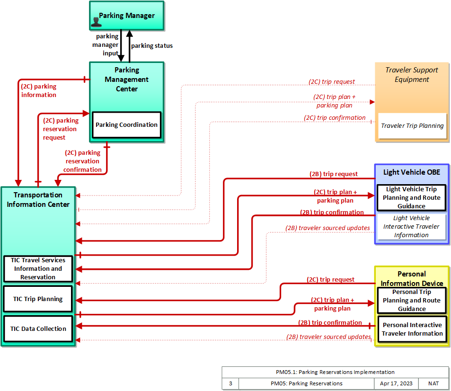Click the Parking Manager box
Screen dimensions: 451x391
tap(127, 16)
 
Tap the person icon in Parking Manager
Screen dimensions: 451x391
tap(96, 22)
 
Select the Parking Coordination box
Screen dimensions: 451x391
tap(126, 125)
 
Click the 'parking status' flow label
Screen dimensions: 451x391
tap(152, 46)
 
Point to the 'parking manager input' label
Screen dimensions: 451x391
tap(106, 44)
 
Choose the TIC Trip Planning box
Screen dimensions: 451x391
tap(38, 299)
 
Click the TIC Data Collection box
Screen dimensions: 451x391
tap(38, 329)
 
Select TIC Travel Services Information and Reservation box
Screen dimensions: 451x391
tap(38, 269)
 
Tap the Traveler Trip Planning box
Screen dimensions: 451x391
tap(412, 126)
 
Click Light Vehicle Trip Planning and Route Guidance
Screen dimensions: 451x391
tap(411, 198)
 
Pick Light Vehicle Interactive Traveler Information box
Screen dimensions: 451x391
tap(411, 227)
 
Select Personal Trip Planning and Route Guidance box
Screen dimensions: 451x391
tap(412, 301)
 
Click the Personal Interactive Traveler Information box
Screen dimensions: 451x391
tap(412, 329)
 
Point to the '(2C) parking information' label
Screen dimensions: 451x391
tap(38, 90)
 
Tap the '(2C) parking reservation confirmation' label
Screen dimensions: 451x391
tap(82, 161)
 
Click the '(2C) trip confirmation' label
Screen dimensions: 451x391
tap(335, 118)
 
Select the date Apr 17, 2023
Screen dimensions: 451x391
tap(396, 383)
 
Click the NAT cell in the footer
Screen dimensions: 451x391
tap(433, 383)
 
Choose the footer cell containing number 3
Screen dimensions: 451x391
tap(230, 383)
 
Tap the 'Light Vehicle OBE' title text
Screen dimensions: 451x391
tap(412, 172)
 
